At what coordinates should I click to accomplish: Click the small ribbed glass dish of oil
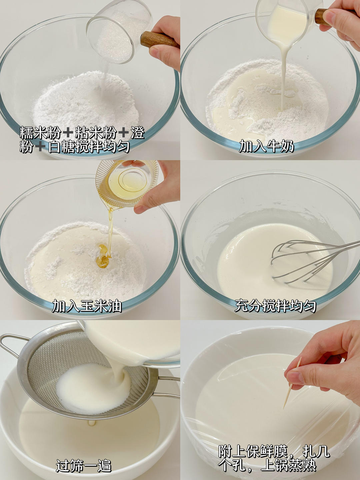pyautogui.click(x=127, y=183)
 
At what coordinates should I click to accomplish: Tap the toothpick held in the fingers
pyautogui.click(x=292, y=383)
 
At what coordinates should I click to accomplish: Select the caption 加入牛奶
pyautogui.click(x=266, y=146)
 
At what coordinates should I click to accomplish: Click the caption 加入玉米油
pyautogui.click(x=87, y=306)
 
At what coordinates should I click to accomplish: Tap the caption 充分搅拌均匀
pyautogui.click(x=275, y=306)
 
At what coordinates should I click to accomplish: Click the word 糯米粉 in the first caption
pyautogui.click(x=40, y=132)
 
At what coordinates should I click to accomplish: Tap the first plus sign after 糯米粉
pyautogui.click(x=68, y=132)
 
